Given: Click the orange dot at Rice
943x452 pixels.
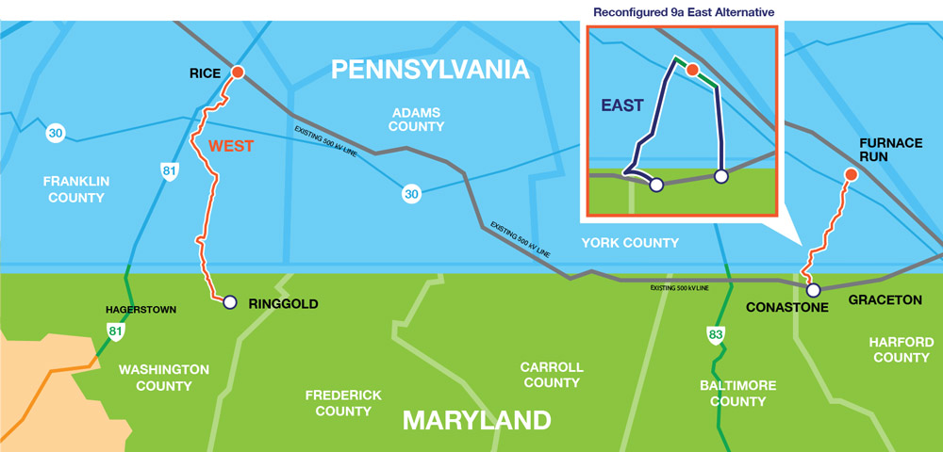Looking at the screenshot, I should coord(238,73).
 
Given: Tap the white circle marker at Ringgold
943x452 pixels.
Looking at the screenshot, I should coord(229,302).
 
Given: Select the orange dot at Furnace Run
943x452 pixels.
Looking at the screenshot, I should coord(851,174).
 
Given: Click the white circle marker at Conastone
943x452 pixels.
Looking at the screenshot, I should coord(813,290).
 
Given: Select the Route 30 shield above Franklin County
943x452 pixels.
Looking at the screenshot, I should coord(56,134).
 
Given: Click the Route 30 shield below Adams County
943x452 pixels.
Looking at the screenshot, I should coord(410,194).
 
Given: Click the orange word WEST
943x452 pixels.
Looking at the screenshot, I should coord(232,147).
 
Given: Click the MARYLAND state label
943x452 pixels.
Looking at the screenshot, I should coord(476,419).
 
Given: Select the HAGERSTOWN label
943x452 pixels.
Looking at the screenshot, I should coord(141,309).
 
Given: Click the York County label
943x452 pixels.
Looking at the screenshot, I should coord(629,243).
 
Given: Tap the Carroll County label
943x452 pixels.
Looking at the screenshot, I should coord(552,375).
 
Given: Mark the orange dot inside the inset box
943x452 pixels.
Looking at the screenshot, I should coord(692,70).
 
